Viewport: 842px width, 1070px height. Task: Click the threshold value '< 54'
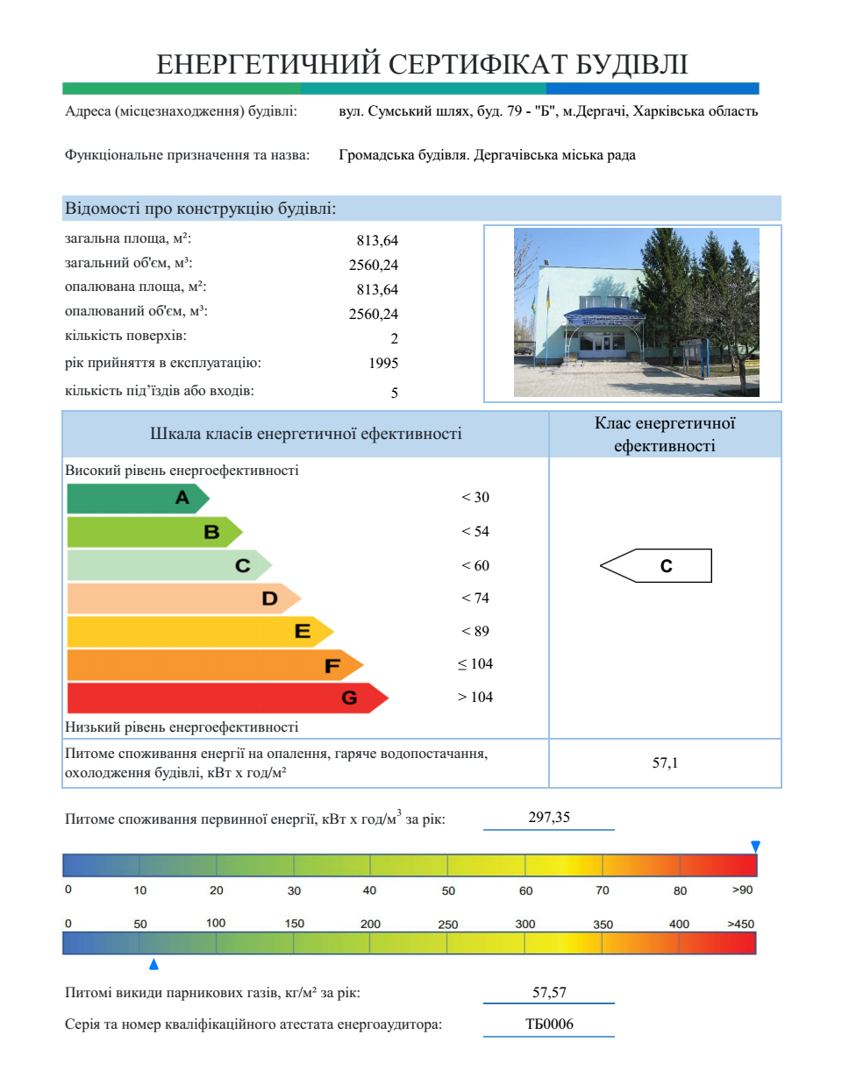(475, 531)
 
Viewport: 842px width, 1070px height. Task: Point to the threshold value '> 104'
(475, 697)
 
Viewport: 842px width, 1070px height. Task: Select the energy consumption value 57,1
(665, 763)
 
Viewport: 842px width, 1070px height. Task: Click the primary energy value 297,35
(549, 817)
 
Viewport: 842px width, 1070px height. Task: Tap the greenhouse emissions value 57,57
(549, 992)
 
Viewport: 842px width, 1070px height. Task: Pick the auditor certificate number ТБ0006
(549, 1024)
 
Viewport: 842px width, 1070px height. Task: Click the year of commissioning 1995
(383, 362)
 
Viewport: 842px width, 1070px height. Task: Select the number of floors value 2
(394, 337)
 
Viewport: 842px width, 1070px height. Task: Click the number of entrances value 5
(394, 393)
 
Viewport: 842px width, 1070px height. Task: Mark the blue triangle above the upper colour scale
(755, 846)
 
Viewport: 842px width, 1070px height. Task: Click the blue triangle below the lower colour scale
(153, 965)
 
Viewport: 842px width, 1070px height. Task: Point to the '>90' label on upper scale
(742, 890)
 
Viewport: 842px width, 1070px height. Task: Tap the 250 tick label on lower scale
(448, 925)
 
